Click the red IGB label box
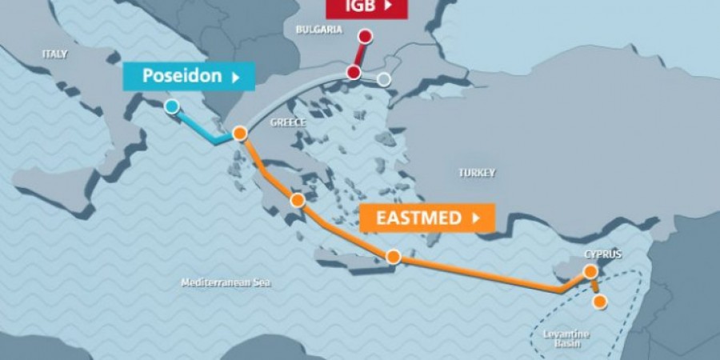pos(366,8)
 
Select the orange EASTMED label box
pos(426,217)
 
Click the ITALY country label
pos(55,54)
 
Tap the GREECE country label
pos(289,122)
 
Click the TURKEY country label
pos(477,172)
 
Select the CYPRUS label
pos(602,254)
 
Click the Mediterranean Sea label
pos(226,283)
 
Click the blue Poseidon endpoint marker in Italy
pos(171,106)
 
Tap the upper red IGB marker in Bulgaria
pos(366,36)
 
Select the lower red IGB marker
pos(354,73)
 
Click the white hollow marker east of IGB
pos(384,79)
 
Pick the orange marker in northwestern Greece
pos(238,134)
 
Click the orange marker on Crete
pos(393,257)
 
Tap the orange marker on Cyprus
pos(590,272)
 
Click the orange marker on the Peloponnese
pos(298,200)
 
